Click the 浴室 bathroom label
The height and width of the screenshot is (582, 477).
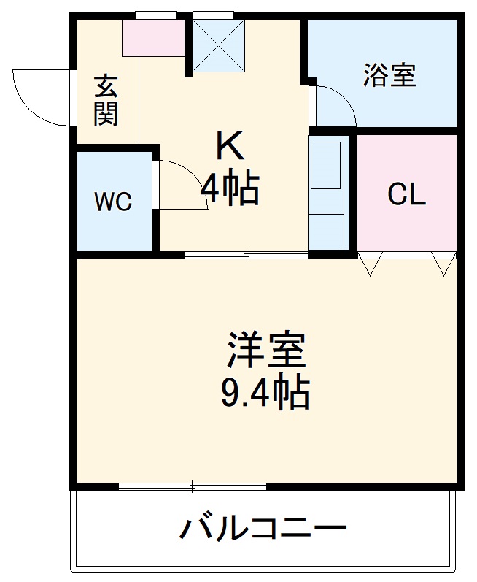(389, 76)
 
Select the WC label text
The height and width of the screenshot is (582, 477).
(114, 202)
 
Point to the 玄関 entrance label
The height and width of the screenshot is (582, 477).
(106, 101)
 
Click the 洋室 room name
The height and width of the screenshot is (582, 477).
(265, 351)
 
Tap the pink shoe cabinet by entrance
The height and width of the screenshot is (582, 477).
(153, 37)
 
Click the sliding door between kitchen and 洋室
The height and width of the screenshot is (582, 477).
(246, 256)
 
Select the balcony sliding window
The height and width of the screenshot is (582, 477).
(192, 486)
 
